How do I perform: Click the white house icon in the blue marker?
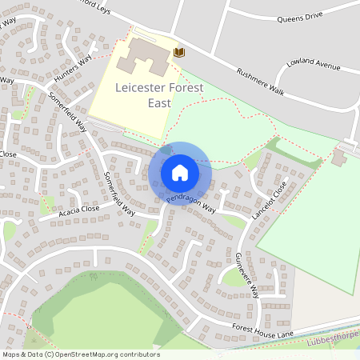tap(179, 172)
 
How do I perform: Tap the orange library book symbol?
tap(179, 52)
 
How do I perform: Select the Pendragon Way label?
tap(191, 204)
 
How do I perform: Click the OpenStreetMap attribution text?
tap(81, 354)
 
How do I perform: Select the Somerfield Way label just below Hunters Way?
tap(68, 111)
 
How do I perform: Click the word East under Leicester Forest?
tap(159, 102)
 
